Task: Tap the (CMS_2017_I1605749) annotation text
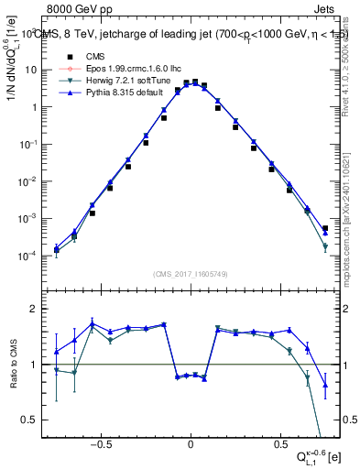tap(191, 274)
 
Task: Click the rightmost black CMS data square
tap(325, 228)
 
